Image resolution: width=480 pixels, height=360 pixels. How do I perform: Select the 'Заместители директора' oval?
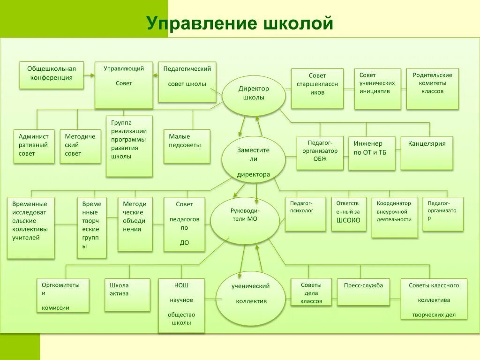254,159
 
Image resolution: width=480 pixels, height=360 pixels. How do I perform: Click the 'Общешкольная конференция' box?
52,75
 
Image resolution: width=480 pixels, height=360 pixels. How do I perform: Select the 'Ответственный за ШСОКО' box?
348,214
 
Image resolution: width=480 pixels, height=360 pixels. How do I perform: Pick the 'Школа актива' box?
127,295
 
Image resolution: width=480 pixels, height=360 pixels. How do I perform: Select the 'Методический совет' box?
80,146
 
